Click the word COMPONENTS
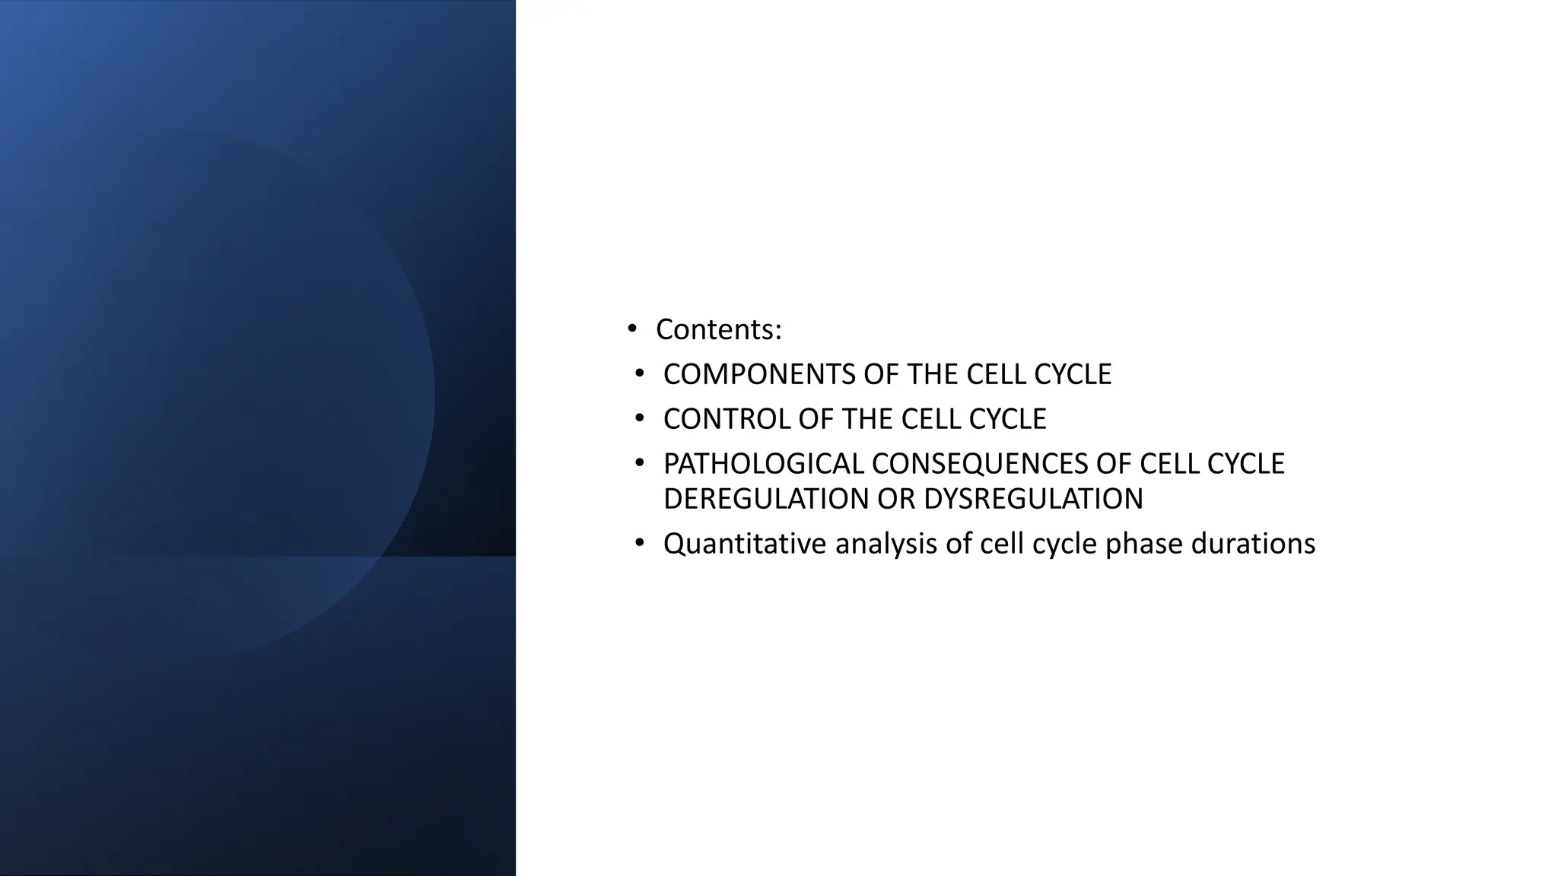758,374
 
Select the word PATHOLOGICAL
763,464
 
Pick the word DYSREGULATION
1033,499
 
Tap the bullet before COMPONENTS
639,373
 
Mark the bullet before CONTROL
639,418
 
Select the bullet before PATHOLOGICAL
639,463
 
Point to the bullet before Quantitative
639,543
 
